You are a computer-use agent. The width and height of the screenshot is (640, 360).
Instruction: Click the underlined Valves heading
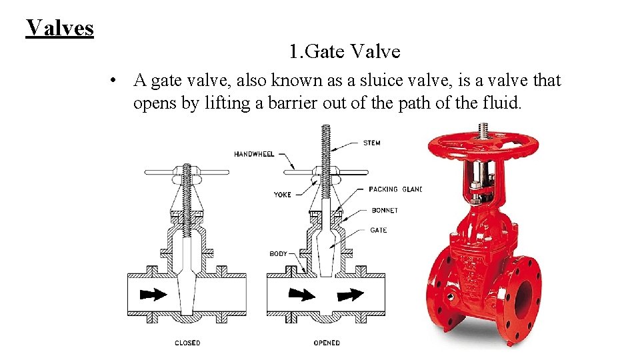[x=60, y=27]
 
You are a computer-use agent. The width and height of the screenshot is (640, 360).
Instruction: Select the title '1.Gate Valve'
[x=345, y=51]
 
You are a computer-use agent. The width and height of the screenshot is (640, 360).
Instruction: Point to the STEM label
[x=372, y=143]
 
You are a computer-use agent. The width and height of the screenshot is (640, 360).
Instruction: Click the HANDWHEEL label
[x=254, y=154]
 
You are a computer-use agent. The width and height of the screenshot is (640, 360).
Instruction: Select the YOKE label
[x=283, y=195]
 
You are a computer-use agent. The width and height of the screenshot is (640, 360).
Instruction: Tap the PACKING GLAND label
[x=395, y=189]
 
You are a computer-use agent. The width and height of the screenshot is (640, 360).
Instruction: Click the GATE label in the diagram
[x=378, y=230]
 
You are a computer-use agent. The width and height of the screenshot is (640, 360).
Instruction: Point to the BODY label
[x=278, y=254]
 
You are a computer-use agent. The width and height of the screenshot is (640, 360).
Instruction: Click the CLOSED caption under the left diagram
[x=187, y=343]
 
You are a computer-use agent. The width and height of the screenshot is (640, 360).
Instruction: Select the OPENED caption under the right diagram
[x=327, y=343]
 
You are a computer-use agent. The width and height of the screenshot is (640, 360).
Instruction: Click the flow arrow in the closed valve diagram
[x=153, y=294]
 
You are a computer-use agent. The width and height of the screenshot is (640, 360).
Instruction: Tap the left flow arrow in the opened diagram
[x=301, y=294]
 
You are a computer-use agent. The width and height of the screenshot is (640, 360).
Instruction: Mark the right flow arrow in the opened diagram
[x=350, y=294]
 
